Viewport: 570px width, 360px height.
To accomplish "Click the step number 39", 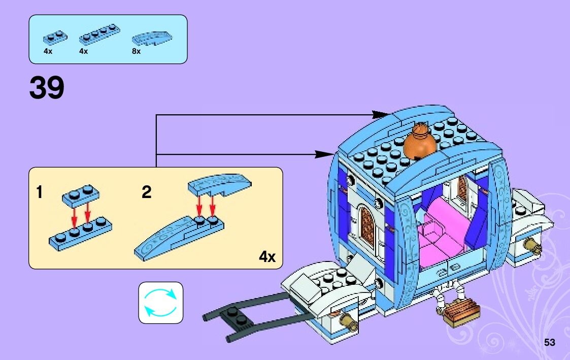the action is [x=47, y=88].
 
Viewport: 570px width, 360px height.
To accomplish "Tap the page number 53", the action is [x=549, y=342].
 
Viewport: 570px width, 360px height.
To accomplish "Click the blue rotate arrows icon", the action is [x=160, y=303].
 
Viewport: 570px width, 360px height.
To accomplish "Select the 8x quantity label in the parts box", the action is [x=136, y=51].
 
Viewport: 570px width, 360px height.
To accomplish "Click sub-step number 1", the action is [x=40, y=193].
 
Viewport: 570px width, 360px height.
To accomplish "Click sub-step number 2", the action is [x=146, y=193].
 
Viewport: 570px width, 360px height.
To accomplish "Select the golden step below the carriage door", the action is [x=461, y=310].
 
